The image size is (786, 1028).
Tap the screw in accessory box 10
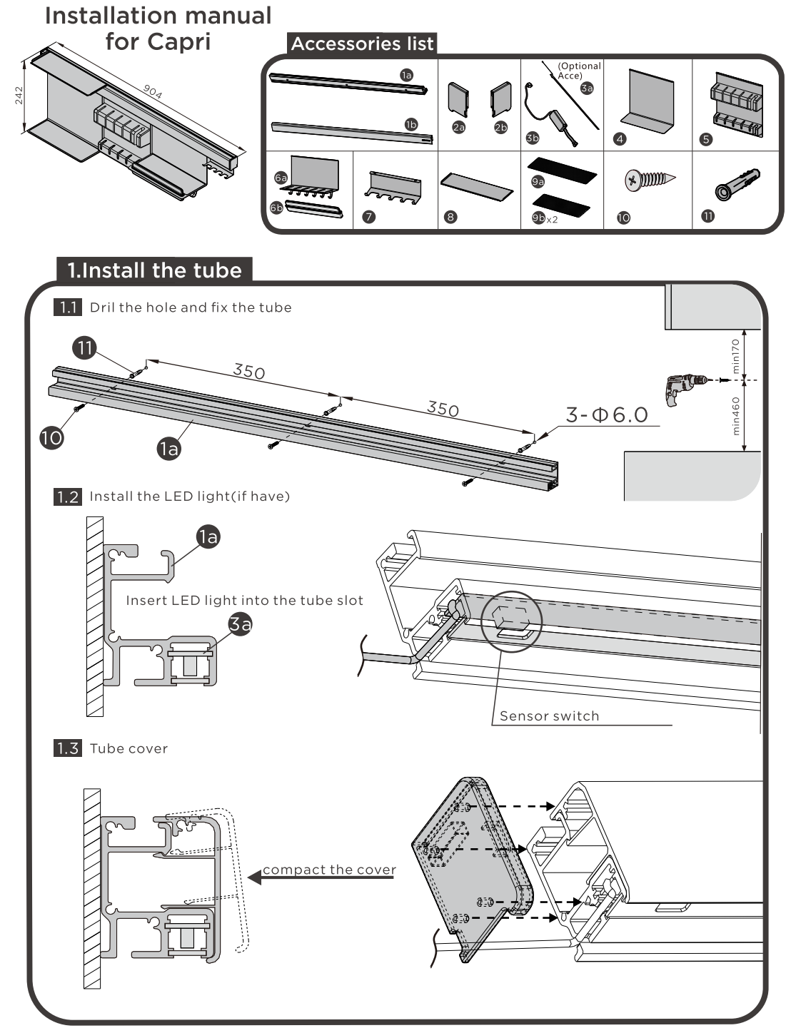point(648,180)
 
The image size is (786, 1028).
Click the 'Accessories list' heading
point(362,44)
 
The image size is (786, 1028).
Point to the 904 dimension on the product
point(152,91)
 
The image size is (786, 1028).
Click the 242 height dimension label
point(19,96)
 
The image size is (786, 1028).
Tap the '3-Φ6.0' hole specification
point(607,414)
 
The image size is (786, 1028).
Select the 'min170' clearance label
point(736,355)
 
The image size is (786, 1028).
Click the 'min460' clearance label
point(736,415)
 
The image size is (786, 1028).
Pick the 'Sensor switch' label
point(549,716)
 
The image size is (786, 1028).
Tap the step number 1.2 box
point(68,496)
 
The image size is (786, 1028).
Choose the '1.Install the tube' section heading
point(154,270)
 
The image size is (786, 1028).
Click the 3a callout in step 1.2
point(241,624)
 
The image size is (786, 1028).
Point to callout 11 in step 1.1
point(85,348)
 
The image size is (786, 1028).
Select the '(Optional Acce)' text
point(579,71)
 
